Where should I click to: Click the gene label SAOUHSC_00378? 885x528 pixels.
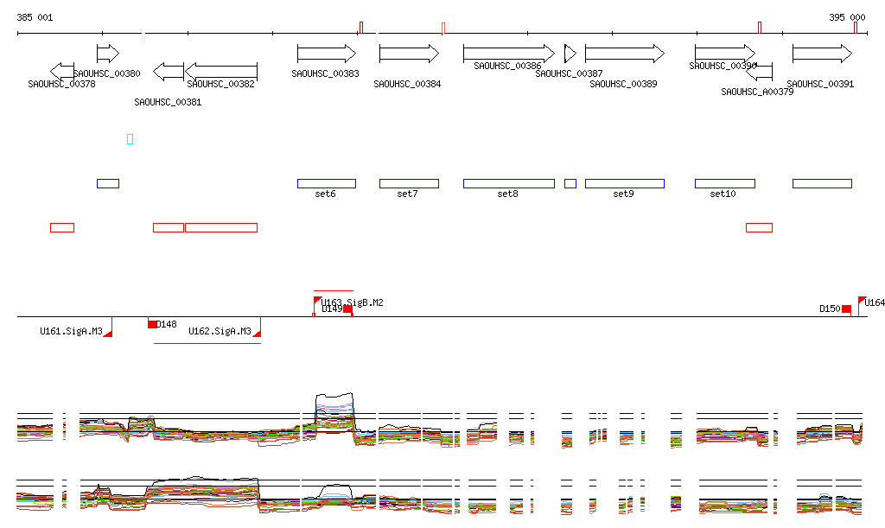61,84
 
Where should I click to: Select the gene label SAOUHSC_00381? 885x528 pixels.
168,102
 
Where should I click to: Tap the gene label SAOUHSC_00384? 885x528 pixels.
407,84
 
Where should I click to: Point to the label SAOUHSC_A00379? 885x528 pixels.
757,92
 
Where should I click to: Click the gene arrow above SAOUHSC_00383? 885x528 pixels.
327,54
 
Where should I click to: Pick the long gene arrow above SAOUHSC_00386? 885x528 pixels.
508,54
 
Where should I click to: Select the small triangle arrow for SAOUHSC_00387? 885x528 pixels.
569,54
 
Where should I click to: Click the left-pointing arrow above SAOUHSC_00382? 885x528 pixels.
221,71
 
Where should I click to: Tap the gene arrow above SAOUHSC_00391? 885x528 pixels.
822,54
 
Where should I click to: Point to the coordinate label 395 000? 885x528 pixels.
847,17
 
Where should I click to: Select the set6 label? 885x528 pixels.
325,194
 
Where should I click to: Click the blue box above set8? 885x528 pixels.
508,183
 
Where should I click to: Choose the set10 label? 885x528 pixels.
723,194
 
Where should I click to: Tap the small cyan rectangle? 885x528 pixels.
130,139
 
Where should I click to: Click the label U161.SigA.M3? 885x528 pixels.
71,331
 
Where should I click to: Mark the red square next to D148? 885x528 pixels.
152,324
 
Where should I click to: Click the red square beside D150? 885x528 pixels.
846,309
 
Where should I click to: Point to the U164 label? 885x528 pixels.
875,302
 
